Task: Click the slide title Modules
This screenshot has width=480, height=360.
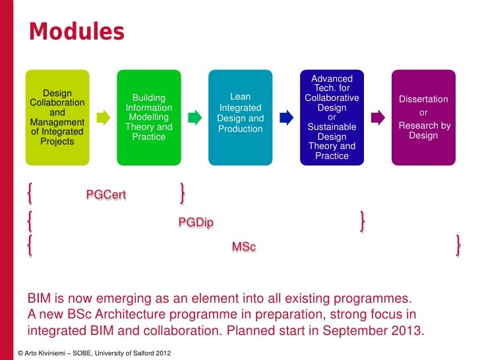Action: tap(76, 31)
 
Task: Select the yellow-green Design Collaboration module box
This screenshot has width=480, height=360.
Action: tap(57, 117)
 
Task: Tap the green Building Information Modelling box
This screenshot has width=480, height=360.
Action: tap(149, 117)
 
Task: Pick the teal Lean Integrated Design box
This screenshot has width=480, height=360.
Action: tap(240, 117)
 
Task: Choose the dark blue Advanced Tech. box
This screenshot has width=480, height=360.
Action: tap(332, 117)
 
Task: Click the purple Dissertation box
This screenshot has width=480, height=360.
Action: tap(423, 117)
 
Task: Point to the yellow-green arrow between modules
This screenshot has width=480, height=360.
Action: tap(103, 118)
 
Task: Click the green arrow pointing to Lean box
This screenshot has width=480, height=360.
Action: tap(195, 118)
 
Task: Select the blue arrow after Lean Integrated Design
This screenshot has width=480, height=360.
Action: tap(286, 118)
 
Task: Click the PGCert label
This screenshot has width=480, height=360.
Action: tap(106, 195)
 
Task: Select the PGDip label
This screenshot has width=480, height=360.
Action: tap(196, 222)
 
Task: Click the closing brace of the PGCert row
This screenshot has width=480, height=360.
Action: tap(182, 194)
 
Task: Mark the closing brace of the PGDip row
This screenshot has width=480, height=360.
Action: tap(363, 220)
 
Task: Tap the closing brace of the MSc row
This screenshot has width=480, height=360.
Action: tap(458, 246)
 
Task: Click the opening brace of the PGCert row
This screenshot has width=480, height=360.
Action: tap(30, 194)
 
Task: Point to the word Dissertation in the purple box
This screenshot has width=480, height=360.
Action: tap(423, 100)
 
